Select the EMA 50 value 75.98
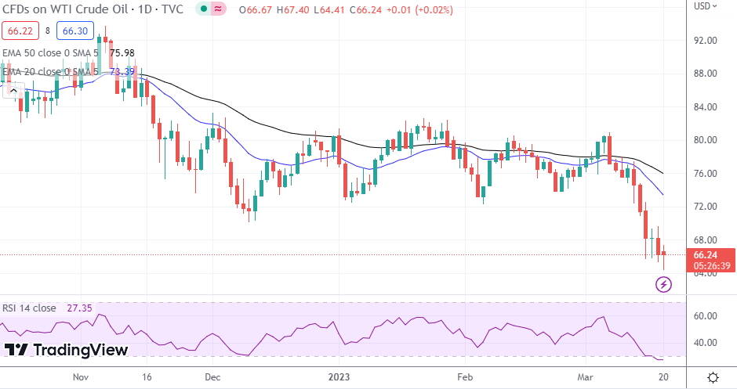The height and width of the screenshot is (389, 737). pos(122,52)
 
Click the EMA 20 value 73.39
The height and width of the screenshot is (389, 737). pos(122,71)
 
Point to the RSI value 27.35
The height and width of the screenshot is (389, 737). pos(78,308)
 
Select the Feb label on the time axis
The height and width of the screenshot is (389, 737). pos(464,376)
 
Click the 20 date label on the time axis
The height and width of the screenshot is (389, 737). pos(663,376)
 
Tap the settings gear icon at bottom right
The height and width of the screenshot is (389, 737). pos(713,377)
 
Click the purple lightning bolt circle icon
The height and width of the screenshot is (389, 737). pos(664,285)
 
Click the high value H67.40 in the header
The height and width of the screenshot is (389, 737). pos(296,9)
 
